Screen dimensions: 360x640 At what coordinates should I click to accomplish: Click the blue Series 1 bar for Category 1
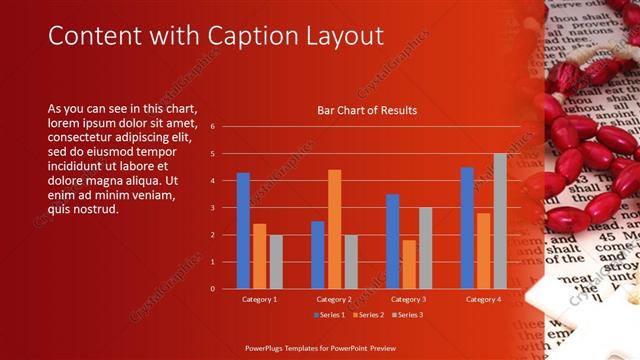click(243, 231)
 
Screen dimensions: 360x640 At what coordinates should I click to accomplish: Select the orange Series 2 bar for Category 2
click(334, 229)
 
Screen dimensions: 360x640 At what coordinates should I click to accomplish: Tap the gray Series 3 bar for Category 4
click(500, 221)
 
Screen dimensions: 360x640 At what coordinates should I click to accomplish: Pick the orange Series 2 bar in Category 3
click(409, 264)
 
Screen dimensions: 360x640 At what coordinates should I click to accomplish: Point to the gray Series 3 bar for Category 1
click(276, 262)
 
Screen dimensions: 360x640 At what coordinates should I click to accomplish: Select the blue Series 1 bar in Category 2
click(318, 255)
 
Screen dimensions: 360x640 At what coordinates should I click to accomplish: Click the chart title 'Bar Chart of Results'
click(367, 110)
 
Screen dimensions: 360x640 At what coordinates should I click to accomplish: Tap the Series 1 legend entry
click(330, 315)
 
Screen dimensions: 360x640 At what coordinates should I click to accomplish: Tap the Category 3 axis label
click(409, 299)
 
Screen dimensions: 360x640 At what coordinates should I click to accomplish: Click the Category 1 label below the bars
click(259, 299)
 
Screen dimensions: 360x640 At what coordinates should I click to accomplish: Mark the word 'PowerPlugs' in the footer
click(270, 347)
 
